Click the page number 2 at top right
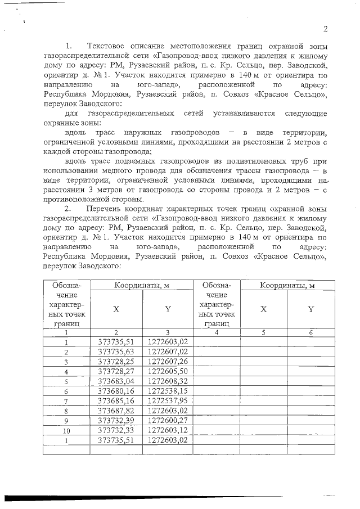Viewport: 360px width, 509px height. (325, 30)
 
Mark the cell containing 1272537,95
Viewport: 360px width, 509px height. (168, 400)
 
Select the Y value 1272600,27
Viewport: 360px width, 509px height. (168, 420)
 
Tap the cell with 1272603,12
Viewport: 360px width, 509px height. (168, 430)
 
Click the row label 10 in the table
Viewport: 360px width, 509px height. (67, 430)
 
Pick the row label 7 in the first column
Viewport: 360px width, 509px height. (67, 400)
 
